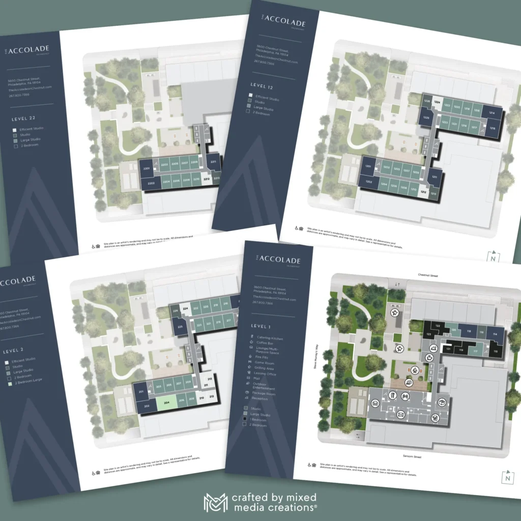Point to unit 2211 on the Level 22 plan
point(213,163)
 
